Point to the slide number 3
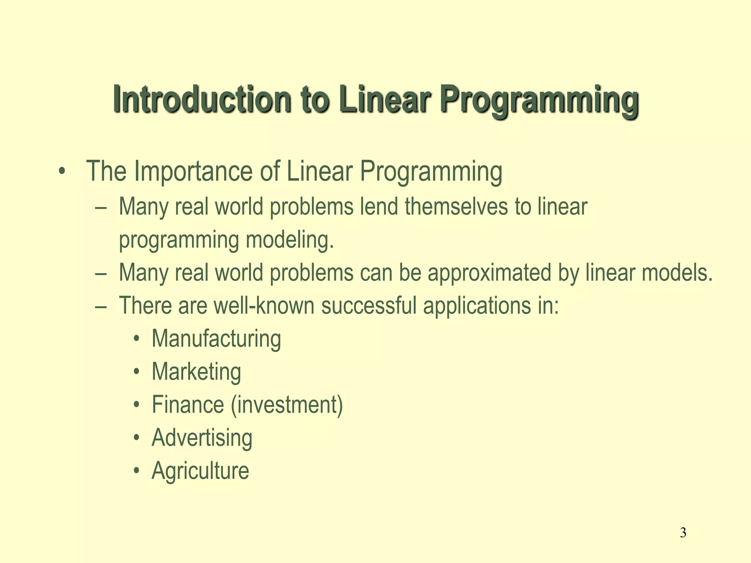click(683, 532)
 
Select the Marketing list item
click(196, 372)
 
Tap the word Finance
click(188, 405)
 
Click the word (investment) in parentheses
click(287, 405)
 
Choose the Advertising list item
click(202, 438)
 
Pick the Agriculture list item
click(200, 471)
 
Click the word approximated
click(489, 273)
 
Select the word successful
click(369, 306)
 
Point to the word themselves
click(456, 206)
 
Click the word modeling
click(290, 240)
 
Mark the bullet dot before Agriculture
click(137, 471)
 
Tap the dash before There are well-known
click(100, 306)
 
